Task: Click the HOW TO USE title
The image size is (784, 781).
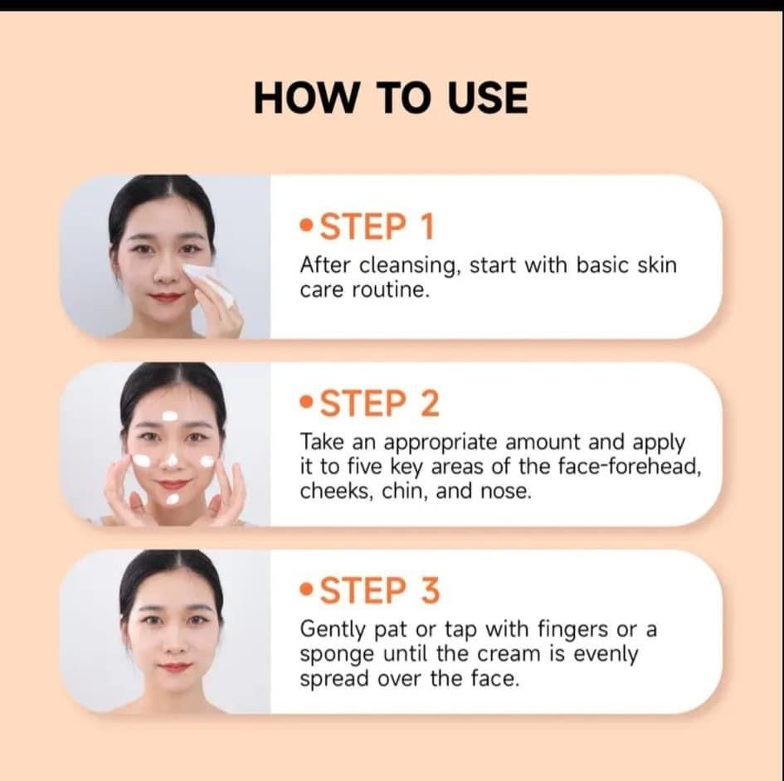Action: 391,98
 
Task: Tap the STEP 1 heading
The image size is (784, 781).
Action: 377,227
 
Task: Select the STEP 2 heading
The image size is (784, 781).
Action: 379,404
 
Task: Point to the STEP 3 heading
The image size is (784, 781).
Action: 379,590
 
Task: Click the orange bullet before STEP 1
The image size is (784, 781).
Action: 306,226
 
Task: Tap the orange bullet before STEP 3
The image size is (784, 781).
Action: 306,589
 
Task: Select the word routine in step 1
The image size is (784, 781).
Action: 391,290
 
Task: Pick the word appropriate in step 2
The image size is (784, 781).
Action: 442,444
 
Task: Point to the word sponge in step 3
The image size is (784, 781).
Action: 337,656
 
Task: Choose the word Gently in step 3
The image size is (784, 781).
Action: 333,630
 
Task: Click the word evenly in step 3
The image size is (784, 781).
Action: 606,655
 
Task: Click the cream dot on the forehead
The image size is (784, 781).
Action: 169,415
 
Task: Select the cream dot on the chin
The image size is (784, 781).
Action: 173,498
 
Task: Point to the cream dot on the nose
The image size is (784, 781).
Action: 172,459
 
